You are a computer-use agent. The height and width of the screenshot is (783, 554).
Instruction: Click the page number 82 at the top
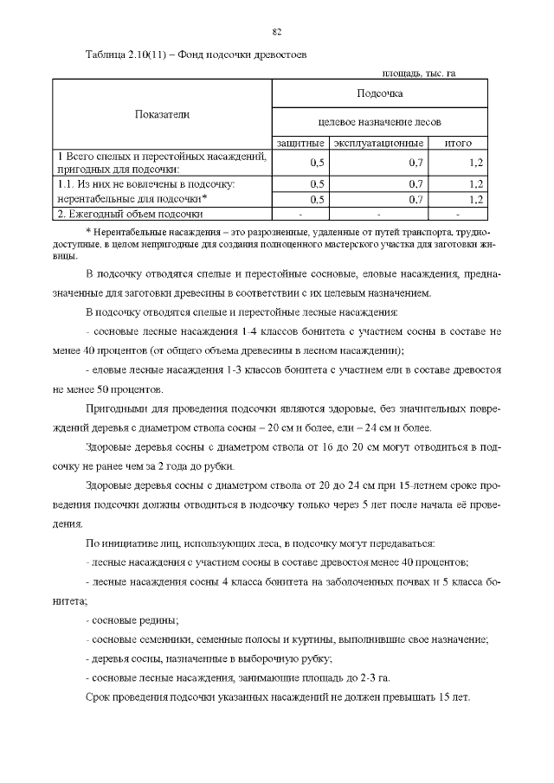tap(277, 32)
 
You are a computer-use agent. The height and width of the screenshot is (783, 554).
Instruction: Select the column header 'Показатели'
tap(162, 113)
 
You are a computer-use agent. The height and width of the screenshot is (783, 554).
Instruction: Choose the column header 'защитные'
tap(300, 143)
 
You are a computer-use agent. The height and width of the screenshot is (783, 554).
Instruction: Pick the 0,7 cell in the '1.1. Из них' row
tap(415, 183)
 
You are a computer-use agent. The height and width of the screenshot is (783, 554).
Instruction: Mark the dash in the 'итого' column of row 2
tap(457, 213)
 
